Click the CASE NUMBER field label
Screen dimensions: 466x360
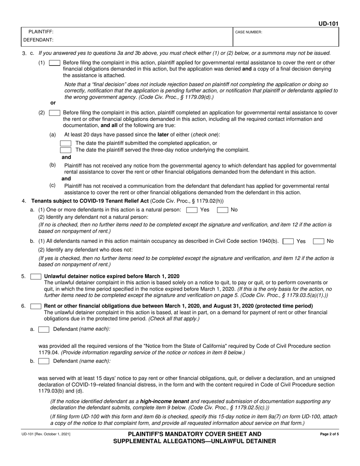pyautogui.click(x=249, y=33)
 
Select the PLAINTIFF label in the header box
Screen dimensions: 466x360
pyautogui.click(x=41, y=32)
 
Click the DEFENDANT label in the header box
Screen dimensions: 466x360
pyautogui.click(x=38, y=40)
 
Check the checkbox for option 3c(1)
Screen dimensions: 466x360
pyautogui.click(x=55, y=63)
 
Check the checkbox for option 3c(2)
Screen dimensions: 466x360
pyautogui.click(x=55, y=113)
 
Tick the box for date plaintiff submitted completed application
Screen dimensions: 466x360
pyautogui.click(x=66, y=143)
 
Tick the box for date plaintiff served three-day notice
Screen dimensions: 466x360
pyautogui.click(x=66, y=150)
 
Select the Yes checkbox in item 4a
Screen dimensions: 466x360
pyautogui.click(x=192, y=210)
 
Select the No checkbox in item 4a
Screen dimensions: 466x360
pyautogui.click(x=222, y=210)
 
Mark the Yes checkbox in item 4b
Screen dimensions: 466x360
pyautogui.click(x=288, y=241)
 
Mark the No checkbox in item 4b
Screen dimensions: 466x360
pyautogui.click(x=318, y=241)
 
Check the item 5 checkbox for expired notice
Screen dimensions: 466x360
pyautogui.click(x=36, y=277)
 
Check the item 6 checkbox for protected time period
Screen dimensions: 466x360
pyautogui.click(x=36, y=306)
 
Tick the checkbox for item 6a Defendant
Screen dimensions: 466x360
pyautogui.click(x=44, y=330)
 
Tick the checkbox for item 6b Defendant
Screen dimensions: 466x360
pyautogui.click(x=44, y=361)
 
